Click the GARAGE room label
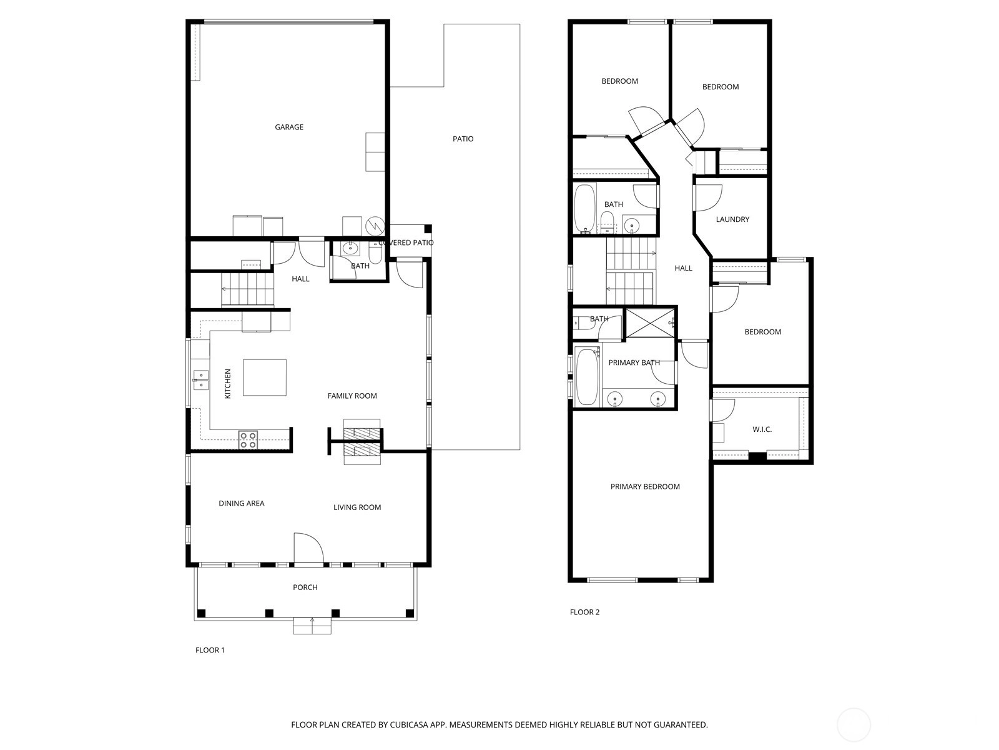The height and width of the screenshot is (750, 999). click(289, 127)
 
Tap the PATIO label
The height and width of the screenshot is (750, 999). click(463, 139)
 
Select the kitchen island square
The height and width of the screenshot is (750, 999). click(265, 377)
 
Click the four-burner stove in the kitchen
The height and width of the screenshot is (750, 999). click(248, 440)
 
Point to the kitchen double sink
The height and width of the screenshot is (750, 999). click(200, 380)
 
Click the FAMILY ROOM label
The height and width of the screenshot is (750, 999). click(352, 396)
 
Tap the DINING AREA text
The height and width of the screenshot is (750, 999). click(241, 503)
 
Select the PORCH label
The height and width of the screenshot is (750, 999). click(305, 587)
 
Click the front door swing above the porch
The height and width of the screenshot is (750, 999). click(308, 548)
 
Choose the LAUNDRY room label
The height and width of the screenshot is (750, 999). click(732, 219)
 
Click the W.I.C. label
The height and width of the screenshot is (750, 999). click(762, 429)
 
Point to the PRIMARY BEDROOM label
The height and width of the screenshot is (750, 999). click(645, 487)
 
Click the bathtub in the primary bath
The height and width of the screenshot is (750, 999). click(587, 377)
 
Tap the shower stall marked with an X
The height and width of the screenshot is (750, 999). click(651, 323)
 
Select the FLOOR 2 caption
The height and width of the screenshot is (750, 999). click(584, 612)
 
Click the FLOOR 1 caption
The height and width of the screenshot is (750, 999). click(210, 650)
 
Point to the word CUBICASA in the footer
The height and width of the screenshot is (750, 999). click(409, 725)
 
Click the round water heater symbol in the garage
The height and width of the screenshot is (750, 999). click(375, 226)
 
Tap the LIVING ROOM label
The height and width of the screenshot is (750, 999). click(357, 507)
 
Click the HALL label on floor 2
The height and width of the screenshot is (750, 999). click(683, 269)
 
